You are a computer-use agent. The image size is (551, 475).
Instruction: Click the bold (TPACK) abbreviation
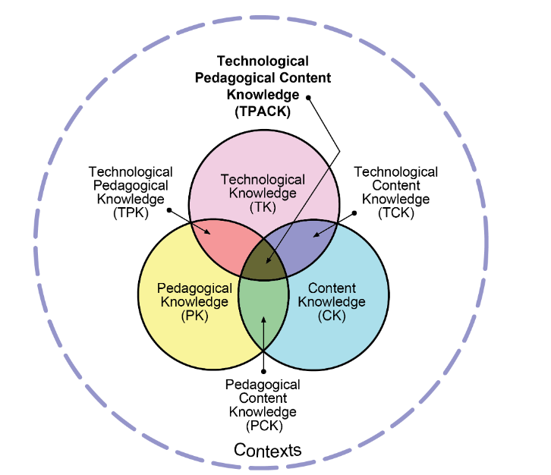(263, 112)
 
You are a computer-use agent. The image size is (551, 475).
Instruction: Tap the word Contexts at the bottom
(267, 450)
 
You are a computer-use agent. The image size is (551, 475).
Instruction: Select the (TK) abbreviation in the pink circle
(263, 207)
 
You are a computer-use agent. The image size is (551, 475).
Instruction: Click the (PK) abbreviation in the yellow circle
(195, 316)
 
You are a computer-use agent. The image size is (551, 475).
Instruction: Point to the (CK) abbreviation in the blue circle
(332, 316)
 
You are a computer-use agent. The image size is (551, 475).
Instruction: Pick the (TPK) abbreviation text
(131, 212)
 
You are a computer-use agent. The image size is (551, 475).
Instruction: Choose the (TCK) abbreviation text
(396, 212)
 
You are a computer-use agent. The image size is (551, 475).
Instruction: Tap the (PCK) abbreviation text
(264, 426)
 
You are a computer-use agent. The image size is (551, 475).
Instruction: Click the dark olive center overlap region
(263, 260)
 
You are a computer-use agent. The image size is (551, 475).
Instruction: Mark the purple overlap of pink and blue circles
(304, 242)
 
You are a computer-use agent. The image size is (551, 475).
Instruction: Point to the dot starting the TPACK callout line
(308, 98)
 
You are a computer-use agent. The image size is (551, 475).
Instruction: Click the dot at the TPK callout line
(169, 210)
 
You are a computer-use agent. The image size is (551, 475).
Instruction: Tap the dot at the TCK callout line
(354, 213)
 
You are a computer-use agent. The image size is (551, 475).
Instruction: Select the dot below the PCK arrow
(263, 371)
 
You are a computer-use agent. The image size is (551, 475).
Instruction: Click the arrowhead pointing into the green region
(263, 319)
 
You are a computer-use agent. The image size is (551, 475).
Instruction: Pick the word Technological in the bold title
(263, 61)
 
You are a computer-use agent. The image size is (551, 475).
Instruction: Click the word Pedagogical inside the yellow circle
(195, 288)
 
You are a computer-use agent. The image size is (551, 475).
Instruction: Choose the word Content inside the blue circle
(332, 288)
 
